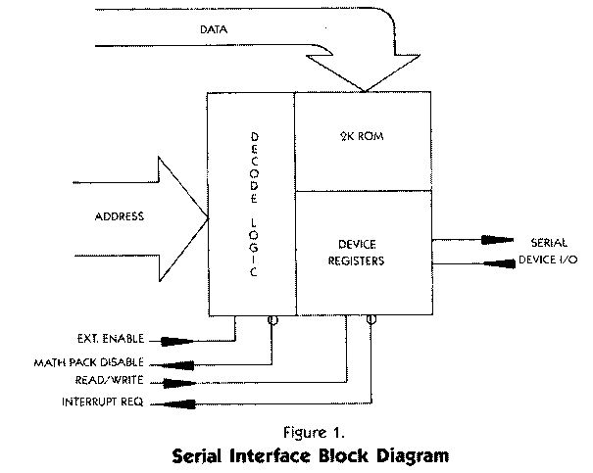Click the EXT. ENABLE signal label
112,339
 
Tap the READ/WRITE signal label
102,382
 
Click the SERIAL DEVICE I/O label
536,251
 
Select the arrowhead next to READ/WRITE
173,382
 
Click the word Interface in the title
275,454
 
